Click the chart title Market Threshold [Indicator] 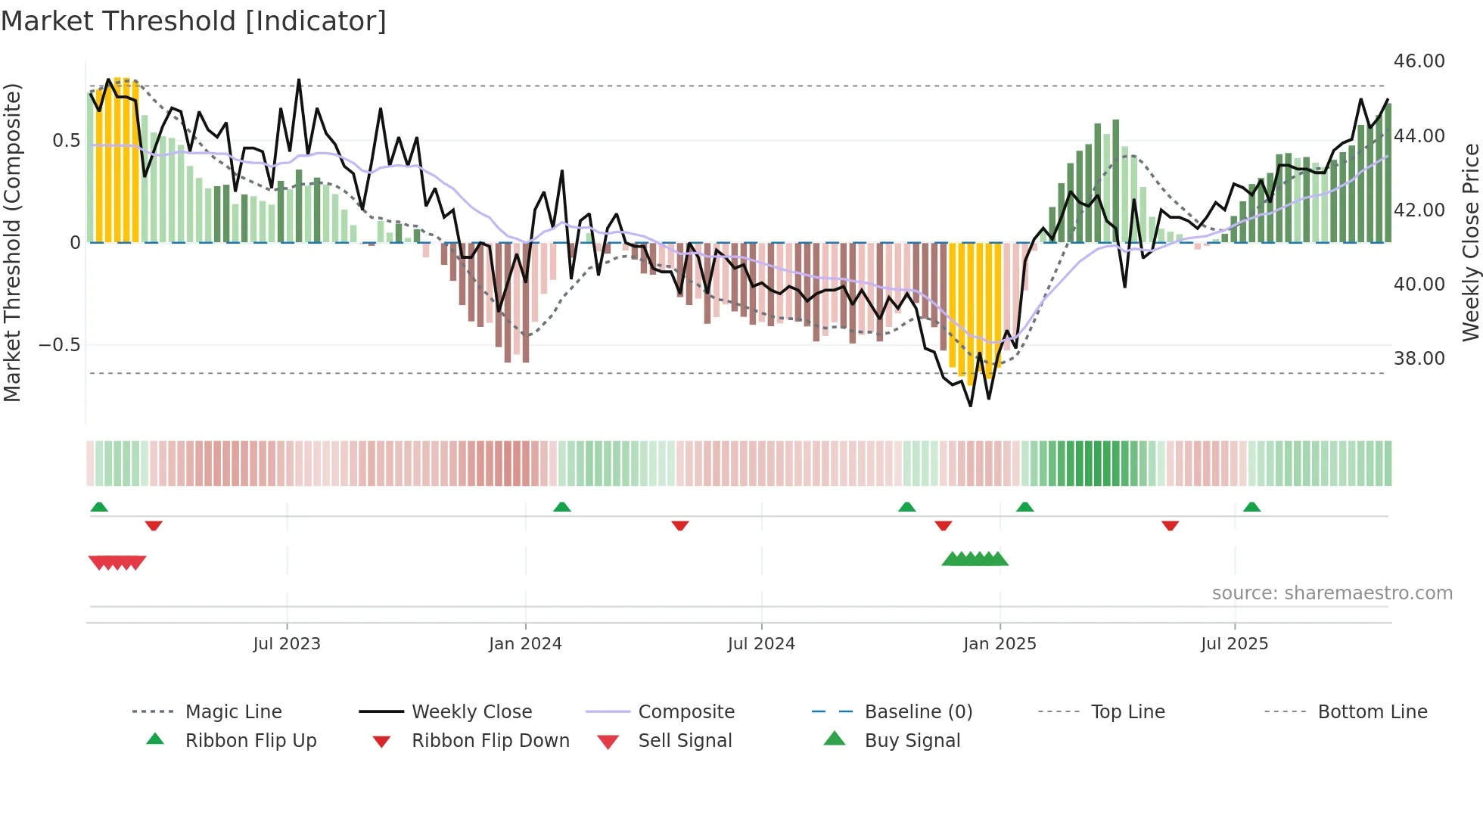click(194, 21)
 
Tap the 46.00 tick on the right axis click(1419, 61)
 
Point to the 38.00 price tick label click(1419, 358)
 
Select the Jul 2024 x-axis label click(761, 644)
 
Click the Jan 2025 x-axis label click(1000, 644)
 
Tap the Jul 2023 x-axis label click(287, 644)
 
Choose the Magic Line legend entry click(233, 712)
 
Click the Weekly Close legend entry click(471, 712)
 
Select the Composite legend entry click(686, 712)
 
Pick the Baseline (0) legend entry click(918, 712)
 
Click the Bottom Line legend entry click(1372, 712)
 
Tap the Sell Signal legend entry click(684, 741)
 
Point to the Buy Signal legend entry click(912, 741)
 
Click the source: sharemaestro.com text click(1332, 593)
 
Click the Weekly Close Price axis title click(1470, 242)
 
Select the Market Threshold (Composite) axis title click(12, 242)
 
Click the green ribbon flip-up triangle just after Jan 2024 click(561, 507)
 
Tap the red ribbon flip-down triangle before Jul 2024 click(679, 525)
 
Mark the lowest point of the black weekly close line click(971, 406)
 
